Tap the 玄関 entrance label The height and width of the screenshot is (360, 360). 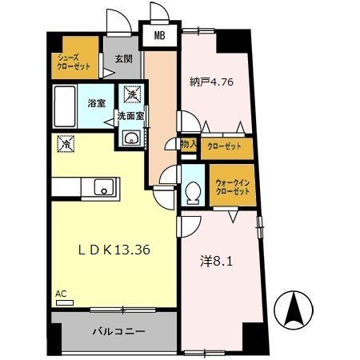[122, 58]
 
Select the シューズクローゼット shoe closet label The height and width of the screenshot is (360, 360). [72, 62]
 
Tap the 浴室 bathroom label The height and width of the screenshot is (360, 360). [98, 103]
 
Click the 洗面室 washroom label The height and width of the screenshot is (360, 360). [130, 116]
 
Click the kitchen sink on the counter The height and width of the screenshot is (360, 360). [103, 188]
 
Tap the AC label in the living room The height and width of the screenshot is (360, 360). [62, 295]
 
